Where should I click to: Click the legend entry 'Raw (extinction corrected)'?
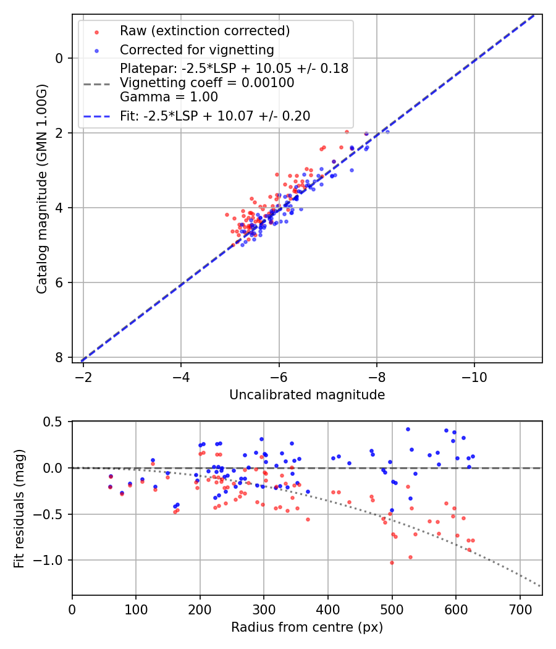tap(204, 31)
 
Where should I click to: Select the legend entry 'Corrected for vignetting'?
tap(196, 49)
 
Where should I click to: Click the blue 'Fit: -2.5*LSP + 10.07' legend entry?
tap(215, 116)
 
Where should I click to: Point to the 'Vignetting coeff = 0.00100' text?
tap(207, 83)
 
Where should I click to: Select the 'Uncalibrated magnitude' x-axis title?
tap(307, 395)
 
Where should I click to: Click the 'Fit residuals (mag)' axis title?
tap(19, 508)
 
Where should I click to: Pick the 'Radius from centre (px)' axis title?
tap(307, 627)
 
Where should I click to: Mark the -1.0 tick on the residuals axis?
tap(53, 561)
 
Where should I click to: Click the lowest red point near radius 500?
tap(392, 562)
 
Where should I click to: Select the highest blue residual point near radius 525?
tap(408, 429)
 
